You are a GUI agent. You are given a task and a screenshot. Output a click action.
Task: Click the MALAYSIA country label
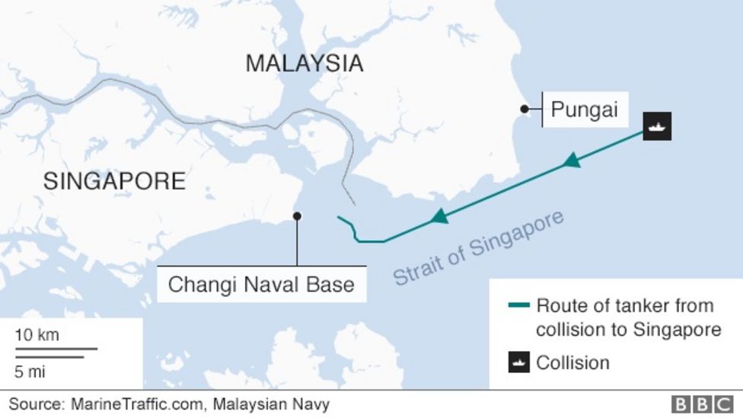point(304,64)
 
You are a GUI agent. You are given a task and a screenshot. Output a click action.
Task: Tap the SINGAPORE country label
point(114,181)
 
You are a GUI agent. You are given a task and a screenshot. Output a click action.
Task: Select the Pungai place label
point(584,110)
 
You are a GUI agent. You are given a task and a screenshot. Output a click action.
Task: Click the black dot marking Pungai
point(524,109)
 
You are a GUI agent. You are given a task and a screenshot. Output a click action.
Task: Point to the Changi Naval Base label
point(261,285)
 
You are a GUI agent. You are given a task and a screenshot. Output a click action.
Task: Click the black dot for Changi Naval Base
point(297,216)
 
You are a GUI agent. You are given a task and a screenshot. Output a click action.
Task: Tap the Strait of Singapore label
point(478,248)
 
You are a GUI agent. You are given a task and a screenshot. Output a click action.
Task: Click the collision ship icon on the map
point(657,126)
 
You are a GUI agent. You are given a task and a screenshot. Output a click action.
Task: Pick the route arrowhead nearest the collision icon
point(571,161)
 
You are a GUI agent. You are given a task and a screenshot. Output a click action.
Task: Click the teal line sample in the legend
point(518,306)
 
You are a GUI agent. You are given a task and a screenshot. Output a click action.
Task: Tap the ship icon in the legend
point(518,362)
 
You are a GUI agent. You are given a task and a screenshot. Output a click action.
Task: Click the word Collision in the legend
point(572,362)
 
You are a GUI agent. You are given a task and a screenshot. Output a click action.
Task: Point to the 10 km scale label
point(37,335)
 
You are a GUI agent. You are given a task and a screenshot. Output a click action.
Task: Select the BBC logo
point(700,404)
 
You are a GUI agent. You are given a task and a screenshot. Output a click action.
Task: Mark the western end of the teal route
point(338,219)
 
